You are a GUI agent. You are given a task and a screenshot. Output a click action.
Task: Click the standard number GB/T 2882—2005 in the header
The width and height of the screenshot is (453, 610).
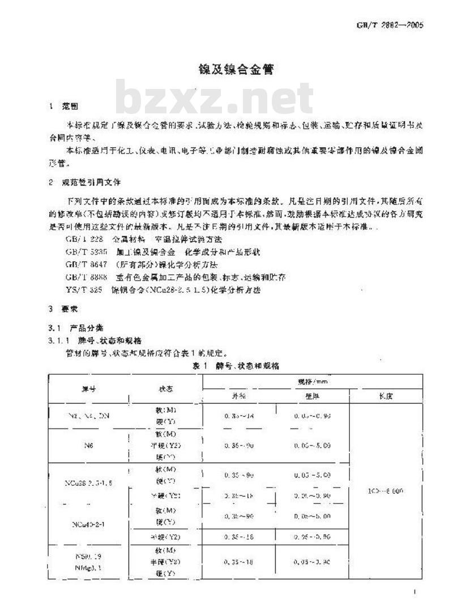pos(390,25)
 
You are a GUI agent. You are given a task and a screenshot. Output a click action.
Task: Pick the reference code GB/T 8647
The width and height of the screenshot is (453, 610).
pos(83,264)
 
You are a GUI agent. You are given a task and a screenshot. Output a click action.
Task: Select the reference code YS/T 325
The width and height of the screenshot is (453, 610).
pos(83,290)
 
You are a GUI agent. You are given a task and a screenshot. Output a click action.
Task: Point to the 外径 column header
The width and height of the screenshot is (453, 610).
pos(239,396)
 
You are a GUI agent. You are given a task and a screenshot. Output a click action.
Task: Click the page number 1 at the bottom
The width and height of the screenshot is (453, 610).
pos(415,592)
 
